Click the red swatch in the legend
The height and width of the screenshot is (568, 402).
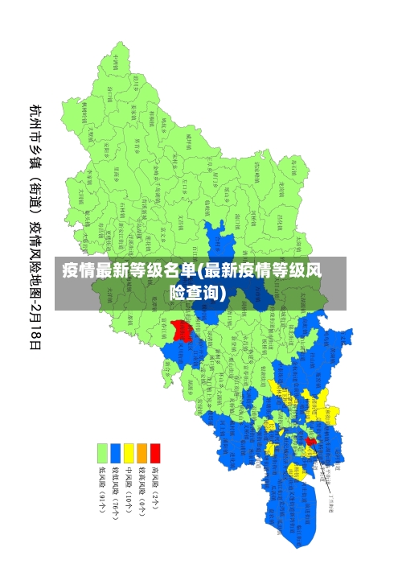(x=155, y=453)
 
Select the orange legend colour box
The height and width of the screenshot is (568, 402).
(x=142, y=453)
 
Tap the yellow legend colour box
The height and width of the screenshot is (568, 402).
(x=129, y=453)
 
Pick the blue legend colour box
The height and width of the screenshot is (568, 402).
(x=116, y=453)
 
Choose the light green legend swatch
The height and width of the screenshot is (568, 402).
(x=102, y=453)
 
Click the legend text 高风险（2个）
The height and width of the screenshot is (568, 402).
(x=155, y=488)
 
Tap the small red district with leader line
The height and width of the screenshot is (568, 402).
(x=311, y=440)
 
